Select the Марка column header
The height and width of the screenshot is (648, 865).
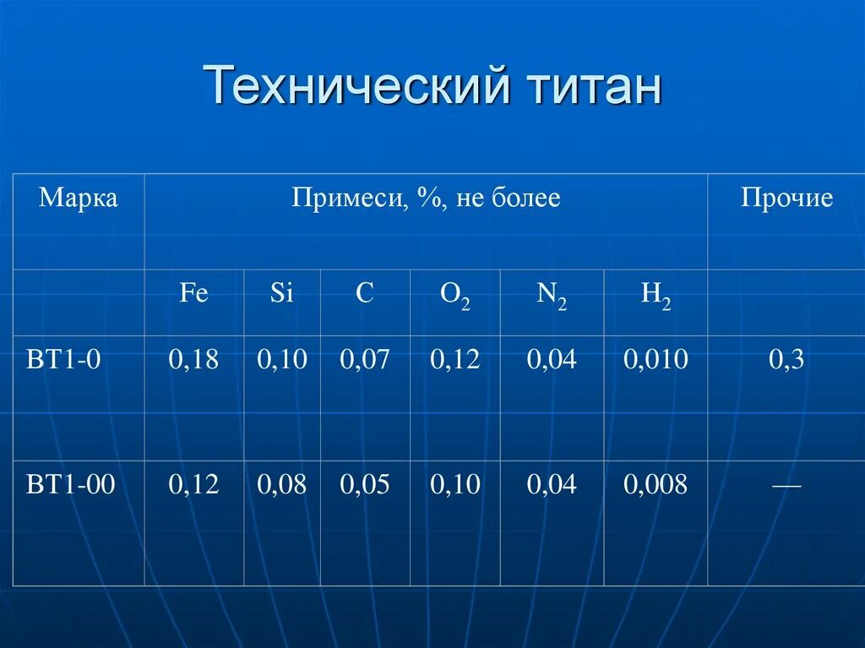click(79, 199)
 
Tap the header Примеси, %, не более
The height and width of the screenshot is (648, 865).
click(426, 199)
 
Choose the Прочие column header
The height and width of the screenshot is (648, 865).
click(786, 199)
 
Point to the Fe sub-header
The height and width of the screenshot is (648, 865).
click(193, 293)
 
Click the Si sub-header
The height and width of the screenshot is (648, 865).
click(282, 293)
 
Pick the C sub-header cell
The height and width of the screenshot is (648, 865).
click(365, 293)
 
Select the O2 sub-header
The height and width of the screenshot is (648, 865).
click(455, 295)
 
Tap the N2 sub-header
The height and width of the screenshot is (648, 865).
click(552, 295)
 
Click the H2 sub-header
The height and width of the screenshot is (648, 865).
click(656, 295)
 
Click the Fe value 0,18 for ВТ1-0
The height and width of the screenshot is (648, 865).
click(193, 360)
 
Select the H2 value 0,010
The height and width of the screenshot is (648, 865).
click(656, 360)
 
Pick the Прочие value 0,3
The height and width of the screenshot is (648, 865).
click(786, 360)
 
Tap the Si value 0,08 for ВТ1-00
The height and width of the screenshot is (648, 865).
click(282, 484)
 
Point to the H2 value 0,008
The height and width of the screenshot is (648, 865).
click(656, 484)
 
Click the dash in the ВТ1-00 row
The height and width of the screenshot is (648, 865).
click(786, 486)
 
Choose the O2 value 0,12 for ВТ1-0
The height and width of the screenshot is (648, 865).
click(455, 360)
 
